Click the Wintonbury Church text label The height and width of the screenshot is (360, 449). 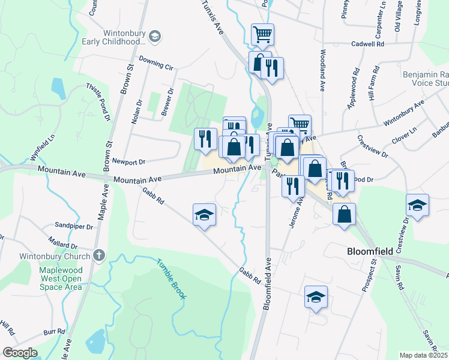(x=62, y=256)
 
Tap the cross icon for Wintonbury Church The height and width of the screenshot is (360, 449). (x=99, y=256)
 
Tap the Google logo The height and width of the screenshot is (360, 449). (x=20, y=353)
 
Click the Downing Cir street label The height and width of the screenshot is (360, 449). (x=155, y=61)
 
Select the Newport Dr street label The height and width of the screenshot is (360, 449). (x=131, y=161)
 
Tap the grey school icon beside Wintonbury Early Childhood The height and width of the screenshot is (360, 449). (x=155, y=37)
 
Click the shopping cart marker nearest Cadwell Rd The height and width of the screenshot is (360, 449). (x=262, y=34)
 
